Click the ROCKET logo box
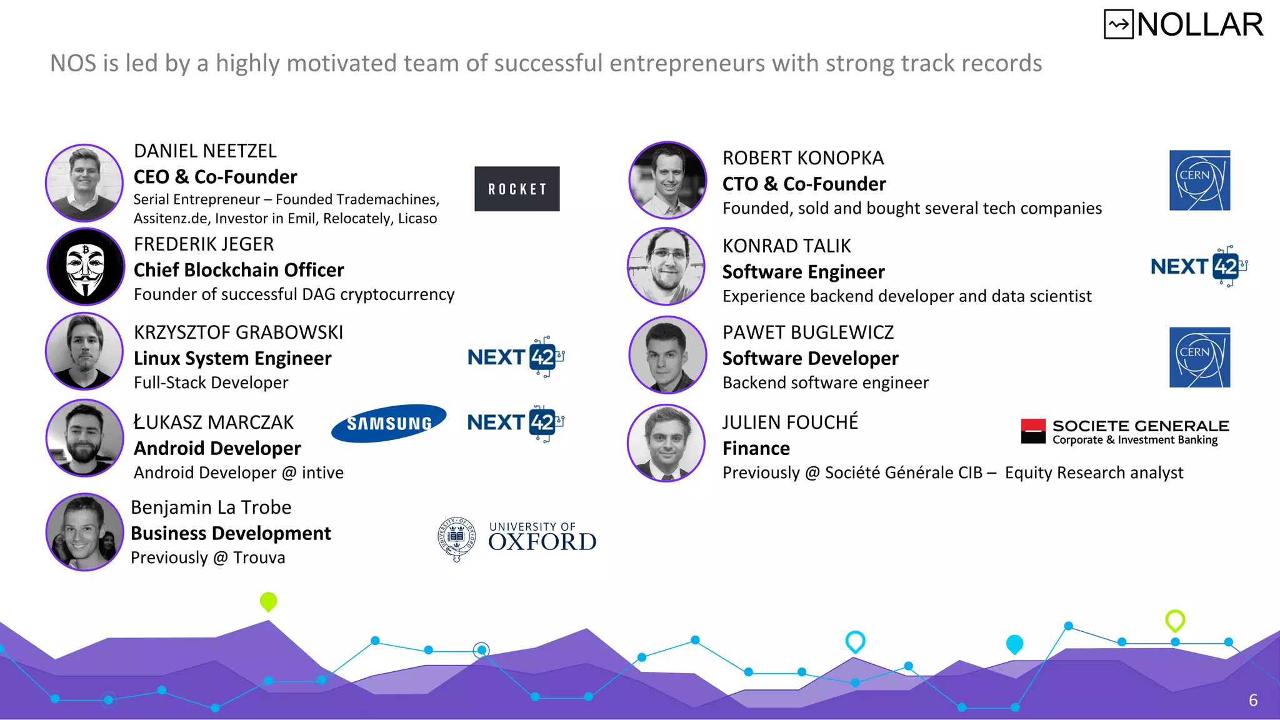click(x=517, y=189)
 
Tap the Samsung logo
click(x=389, y=424)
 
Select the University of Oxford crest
click(x=457, y=538)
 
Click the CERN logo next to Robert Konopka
click(x=1199, y=180)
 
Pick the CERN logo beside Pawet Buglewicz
click(x=1199, y=357)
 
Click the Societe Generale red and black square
click(x=1033, y=431)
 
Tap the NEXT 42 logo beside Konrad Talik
click(x=1199, y=266)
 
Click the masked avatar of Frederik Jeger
click(x=86, y=267)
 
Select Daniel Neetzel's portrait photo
click(x=84, y=183)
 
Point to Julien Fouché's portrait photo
click(x=667, y=443)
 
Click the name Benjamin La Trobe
click(x=211, y=507)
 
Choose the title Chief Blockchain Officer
click(x=239, y=270)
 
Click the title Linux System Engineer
click(x=232, y=359)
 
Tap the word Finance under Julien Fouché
click(x=756, y=449)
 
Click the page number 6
click(x=1252, y=701)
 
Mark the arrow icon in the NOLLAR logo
click(x=1118, y=25)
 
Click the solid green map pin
click(x=268, y=601)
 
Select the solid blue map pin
click(x=1014, y=644)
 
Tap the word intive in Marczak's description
click(x=322, y=473)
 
